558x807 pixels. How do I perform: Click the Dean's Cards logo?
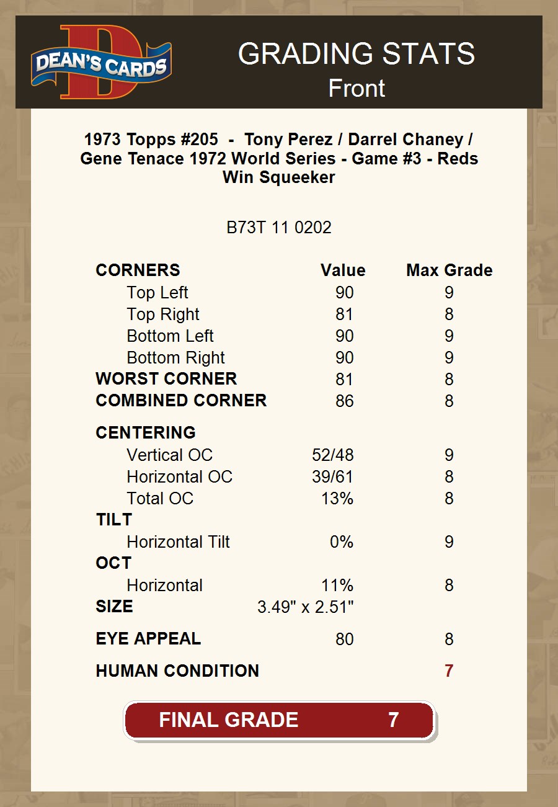pos(101,63)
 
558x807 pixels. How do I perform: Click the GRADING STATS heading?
pos(356,54)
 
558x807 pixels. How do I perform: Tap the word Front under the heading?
pos(356,88)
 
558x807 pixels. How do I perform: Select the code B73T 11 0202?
pos(279,228)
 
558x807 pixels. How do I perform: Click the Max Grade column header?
pos(449,270)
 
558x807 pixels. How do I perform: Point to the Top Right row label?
pos(163,314)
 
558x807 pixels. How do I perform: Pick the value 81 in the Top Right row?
pos(344,314)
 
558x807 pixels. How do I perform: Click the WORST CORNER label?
pos(166,379)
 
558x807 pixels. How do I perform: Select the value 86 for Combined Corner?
pos(344,401)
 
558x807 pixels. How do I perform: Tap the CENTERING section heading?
pos(146,432)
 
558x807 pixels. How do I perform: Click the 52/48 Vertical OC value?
pos(333,455)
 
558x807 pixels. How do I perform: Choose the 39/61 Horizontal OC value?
pos(333,476)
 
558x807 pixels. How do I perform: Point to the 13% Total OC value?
pos(337,498)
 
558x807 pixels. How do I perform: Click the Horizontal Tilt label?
pos(178,542)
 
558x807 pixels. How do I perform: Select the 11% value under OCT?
pos(337,585)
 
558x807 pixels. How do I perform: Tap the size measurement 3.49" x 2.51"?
pos(306,607)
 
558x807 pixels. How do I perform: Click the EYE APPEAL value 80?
pos(344,639)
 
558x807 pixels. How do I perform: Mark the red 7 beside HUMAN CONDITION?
pos(449,671)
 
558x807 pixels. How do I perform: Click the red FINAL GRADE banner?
pos(279,720)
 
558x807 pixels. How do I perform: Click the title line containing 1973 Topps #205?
pos(279,140)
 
